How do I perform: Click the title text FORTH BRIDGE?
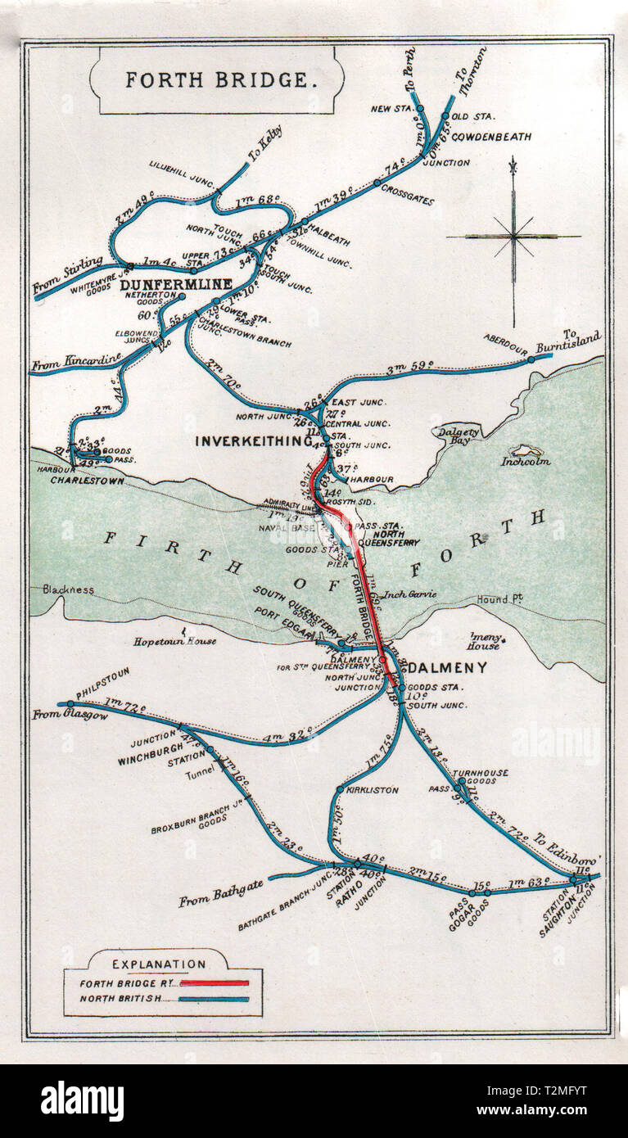coord(217,79)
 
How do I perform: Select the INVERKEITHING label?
coord(253,441)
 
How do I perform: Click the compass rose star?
coord(513,237)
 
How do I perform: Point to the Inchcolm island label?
coord(526,461)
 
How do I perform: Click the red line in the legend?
coord(214,982)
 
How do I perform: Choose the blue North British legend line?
coord(214,999)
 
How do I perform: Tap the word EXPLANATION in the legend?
coord(159,964)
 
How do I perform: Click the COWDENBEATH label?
coord(490,136)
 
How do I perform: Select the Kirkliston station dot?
coord(340,789)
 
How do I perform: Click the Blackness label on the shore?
coord(63,589)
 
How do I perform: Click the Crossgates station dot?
coord(377,183)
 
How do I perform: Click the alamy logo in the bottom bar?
coord(82,1101)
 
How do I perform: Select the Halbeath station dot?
coord(305,221)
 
